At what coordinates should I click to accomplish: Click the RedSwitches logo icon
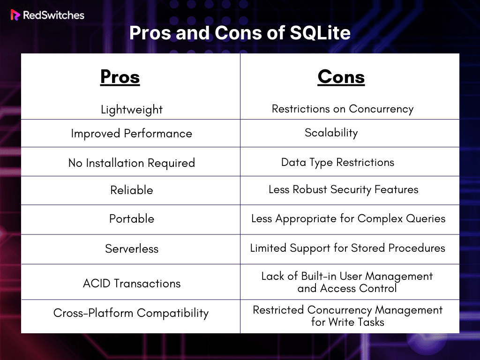(15, 15)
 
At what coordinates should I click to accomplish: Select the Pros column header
(120, 76)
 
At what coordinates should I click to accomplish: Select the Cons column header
(341, 76)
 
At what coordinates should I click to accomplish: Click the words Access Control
(359, 288)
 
